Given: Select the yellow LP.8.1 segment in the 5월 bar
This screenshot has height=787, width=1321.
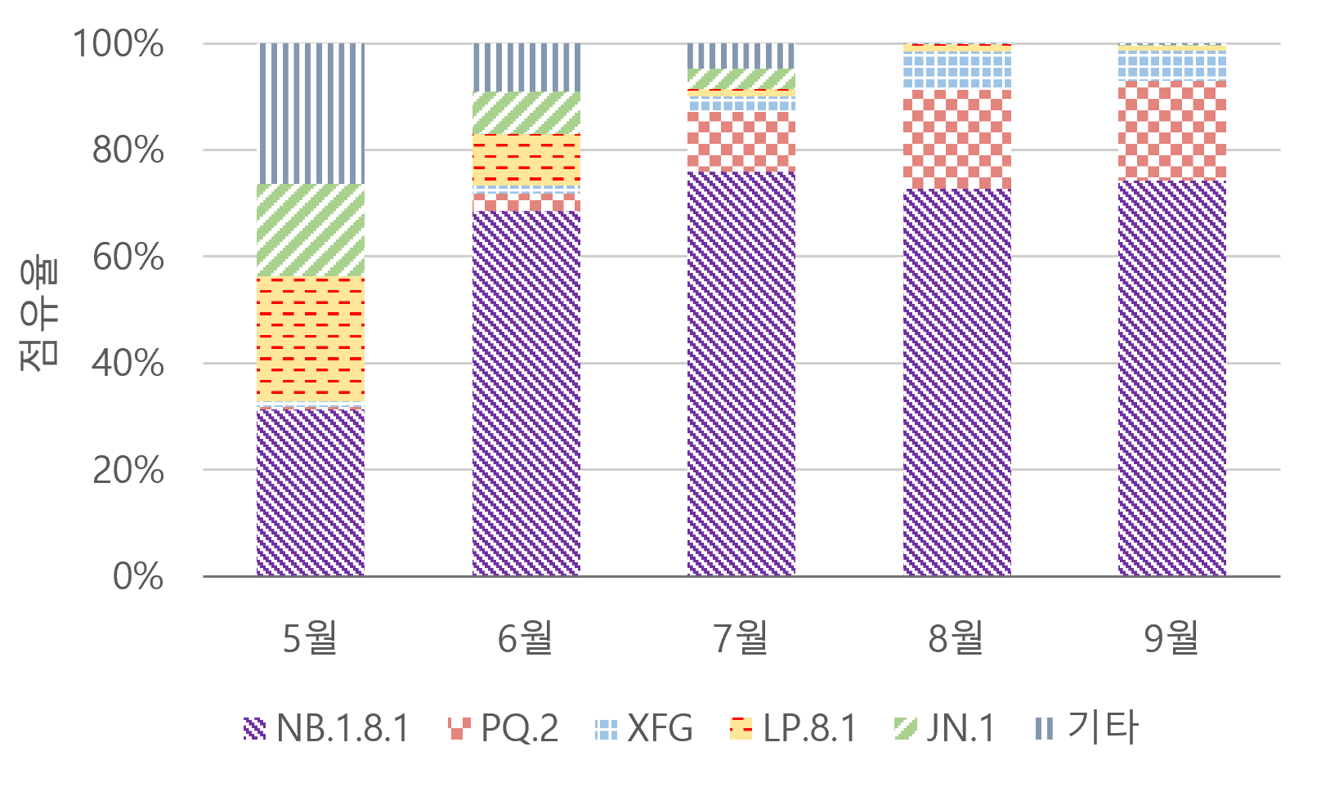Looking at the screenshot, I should tap(311, 339).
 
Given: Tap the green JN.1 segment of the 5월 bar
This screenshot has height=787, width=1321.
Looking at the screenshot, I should tap(311, 230).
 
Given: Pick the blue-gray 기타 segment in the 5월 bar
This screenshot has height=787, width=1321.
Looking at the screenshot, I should tap(311, 114).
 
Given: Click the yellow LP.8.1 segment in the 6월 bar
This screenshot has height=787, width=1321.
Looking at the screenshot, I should tap(526, 159).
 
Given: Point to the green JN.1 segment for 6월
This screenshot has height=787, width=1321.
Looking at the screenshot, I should tap(526, 113).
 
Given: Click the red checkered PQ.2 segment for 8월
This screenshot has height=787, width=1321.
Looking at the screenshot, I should tap(957, 139).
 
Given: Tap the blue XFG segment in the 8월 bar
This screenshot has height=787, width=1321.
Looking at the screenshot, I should tap(957, 70).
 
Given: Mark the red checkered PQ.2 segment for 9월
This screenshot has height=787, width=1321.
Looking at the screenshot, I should tap(1172, 130).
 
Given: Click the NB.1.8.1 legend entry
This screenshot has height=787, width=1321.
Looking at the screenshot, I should tap(327, 727).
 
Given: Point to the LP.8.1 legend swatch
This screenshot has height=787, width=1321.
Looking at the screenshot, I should tap(741, 728).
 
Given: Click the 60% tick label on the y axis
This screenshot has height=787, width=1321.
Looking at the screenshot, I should tap(128, 257).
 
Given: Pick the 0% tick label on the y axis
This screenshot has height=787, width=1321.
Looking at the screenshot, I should tap(138, 577).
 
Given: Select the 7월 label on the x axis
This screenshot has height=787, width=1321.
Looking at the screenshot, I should tap(741, 637).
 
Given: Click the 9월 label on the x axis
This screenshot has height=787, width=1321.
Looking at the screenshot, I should tap(1172, 637).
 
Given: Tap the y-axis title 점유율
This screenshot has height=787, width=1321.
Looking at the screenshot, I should tap(39, 315).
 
